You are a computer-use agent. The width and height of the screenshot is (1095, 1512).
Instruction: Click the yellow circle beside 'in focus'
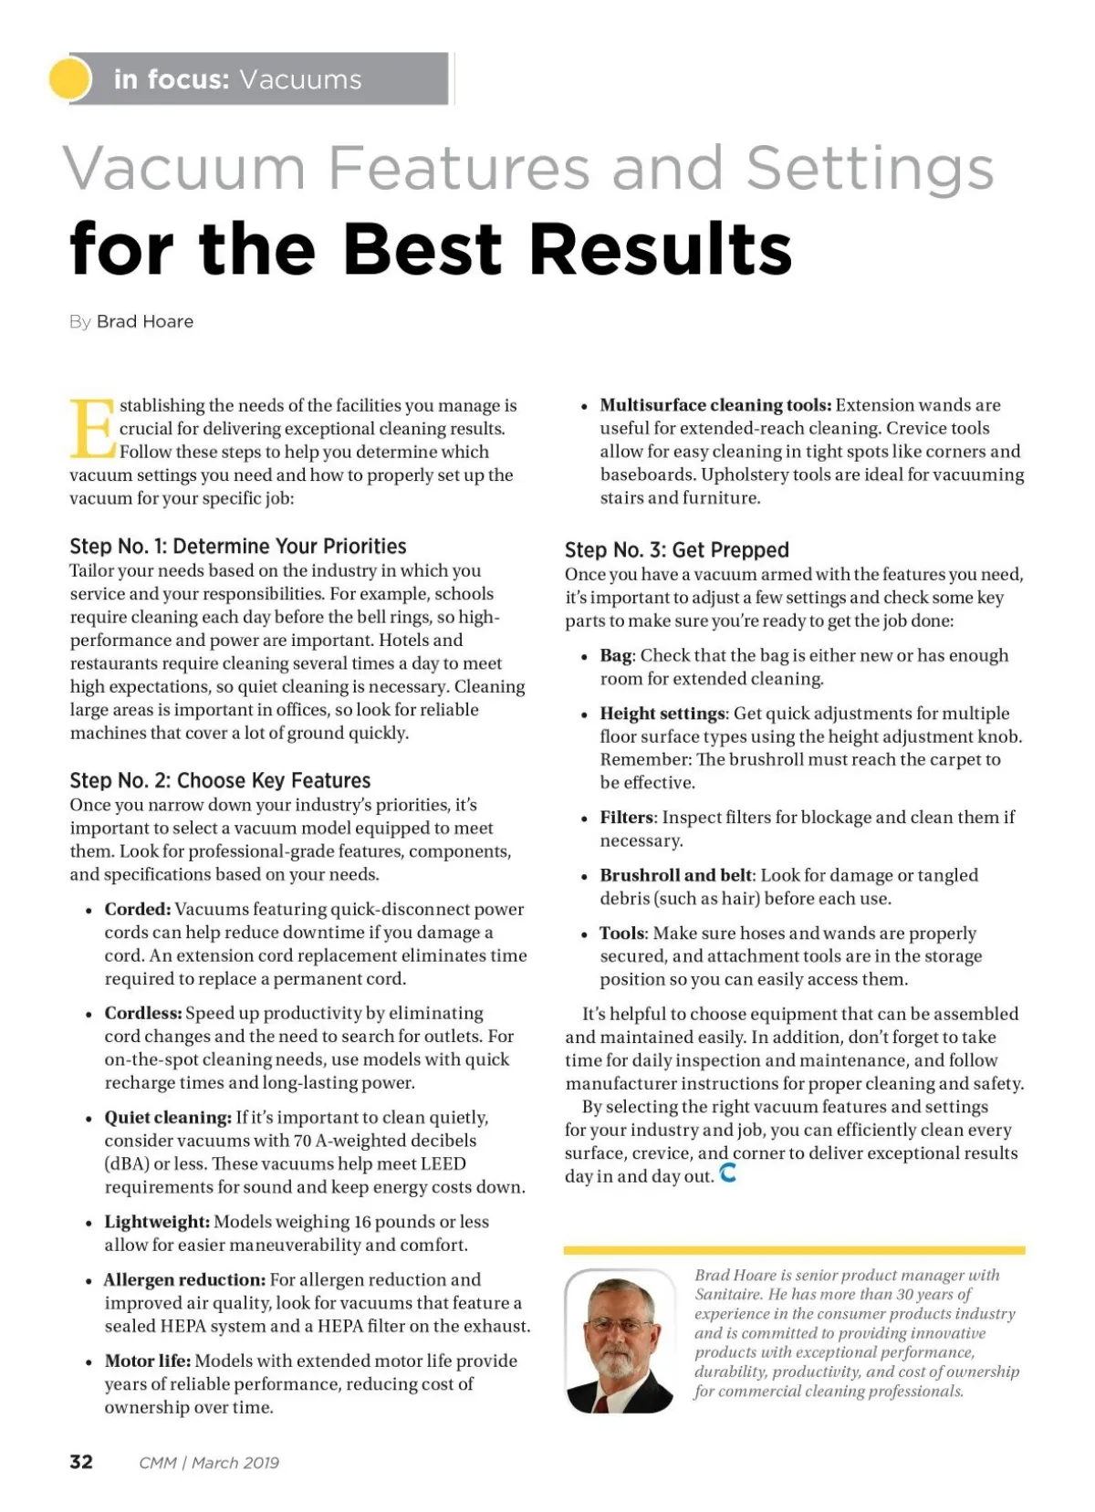click(x=70, y=78)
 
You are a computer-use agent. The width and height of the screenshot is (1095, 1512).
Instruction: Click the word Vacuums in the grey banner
click(x=300, y=79)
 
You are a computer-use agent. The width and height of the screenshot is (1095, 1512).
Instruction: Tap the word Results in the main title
click(x=661, y=249)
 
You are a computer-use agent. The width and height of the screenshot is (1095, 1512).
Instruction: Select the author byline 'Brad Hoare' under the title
click(x=145, y=321)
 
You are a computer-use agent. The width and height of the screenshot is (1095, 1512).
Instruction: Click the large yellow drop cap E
click(x=92, y=428)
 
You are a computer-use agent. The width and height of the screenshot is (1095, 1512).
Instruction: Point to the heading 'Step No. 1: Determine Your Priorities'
click(x=238, y=546)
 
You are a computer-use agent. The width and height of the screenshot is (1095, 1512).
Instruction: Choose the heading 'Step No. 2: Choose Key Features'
click(x=220, y=780)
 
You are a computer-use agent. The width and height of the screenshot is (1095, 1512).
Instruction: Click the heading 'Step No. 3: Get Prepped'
click(x=676, y=549)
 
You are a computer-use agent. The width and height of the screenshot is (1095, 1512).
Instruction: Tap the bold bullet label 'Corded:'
click(x=138, y=909)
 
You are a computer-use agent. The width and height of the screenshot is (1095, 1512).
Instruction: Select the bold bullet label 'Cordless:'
click(x=143, y=1013)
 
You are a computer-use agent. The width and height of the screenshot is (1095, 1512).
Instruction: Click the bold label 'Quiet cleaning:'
click(x=168, y=1117)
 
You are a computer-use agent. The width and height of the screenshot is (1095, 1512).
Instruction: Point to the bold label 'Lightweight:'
click(x=157, y=1221)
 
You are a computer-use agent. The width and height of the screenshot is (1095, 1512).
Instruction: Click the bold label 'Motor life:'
click(x=148, y=1361)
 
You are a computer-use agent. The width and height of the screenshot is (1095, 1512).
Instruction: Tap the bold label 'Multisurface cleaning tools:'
click(x=715, y=405)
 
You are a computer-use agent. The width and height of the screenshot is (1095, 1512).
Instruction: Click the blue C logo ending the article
click(x=727, y=1173)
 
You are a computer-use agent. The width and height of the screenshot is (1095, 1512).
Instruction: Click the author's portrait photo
click(x=620, y=1340)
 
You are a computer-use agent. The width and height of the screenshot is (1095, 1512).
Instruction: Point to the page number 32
click(x=81, y=1462)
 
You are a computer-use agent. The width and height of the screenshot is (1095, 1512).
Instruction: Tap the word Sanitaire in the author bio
click(x=728, y=1294)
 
